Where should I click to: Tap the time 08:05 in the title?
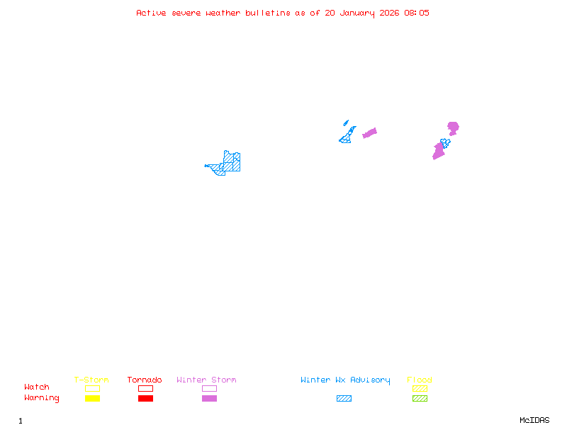pos(417,13)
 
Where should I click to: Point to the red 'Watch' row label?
pos(37,387)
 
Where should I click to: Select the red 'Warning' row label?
pos(42,398)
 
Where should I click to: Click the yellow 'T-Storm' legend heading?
pos(91,380)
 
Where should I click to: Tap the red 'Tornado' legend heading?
pos(145,380)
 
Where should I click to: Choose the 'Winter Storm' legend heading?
pos(206,380)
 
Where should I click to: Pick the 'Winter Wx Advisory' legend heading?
pos(345,380)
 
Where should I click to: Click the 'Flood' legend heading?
pos(420,380)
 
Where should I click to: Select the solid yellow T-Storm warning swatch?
pos(92,398)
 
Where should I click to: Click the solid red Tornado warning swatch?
pos(145,398)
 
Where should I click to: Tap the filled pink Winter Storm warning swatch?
pos(209,398)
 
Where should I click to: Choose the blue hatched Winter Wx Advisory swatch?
pos(344,398)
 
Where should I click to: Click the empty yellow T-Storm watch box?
pos(92,388)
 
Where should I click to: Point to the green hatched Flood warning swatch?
pos(420,398)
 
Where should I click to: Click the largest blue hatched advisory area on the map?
pos(230,164)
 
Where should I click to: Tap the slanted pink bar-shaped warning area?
pos(369,132)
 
